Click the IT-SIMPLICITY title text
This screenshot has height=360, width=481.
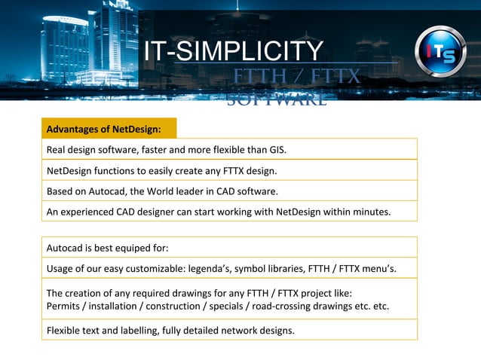coord(234,51)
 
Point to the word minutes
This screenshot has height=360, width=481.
coord(370,212)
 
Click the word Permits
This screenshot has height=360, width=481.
coord(64,306)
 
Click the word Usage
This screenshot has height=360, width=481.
coord(61,268)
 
